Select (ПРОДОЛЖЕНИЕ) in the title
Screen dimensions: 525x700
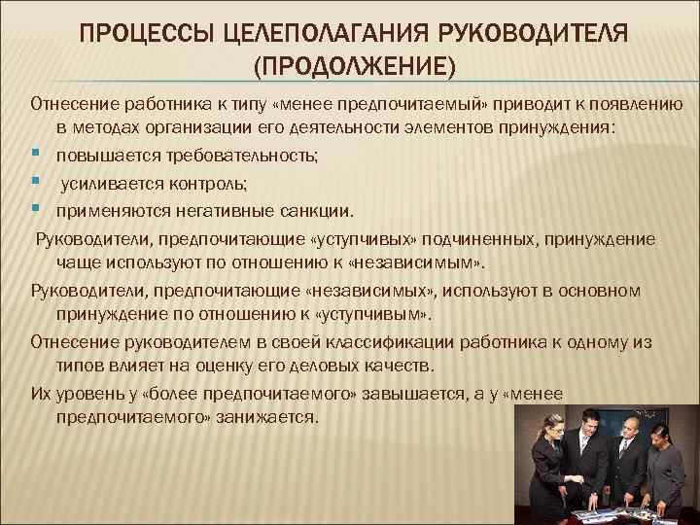point(354,69)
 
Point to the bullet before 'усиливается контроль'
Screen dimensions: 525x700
point(35,182)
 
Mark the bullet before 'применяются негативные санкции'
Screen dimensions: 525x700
point(35,208)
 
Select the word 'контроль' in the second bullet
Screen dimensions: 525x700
point(206,183)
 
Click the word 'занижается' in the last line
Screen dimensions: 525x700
point(270,417)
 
